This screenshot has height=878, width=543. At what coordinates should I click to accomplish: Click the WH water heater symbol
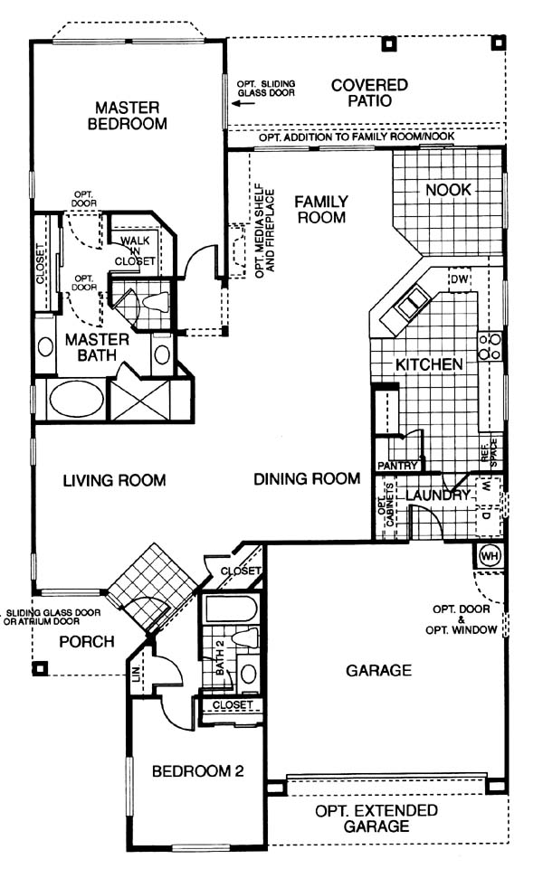[490, 556]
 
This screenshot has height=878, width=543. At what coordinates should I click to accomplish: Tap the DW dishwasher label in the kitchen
[459, 279]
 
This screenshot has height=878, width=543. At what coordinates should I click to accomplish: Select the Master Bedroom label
[128, 116]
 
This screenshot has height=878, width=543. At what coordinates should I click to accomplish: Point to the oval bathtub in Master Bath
[77, 400]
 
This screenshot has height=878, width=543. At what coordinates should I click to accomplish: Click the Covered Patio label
[369, 93]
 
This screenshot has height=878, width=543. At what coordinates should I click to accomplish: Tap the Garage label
[378, 670]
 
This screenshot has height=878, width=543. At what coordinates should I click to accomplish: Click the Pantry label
[397, 466]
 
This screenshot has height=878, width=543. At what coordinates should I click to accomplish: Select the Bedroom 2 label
[198, 771]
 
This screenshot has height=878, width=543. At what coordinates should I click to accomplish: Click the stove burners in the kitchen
[490, 346]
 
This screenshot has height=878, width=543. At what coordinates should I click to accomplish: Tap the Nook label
[448, 190]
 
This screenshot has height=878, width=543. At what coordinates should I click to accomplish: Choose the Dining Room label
[307, 478]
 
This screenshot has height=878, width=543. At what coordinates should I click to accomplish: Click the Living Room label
[114, 480]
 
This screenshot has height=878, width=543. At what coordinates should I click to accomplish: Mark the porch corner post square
[41, 667]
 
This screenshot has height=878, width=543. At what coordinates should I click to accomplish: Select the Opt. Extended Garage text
[376, 818]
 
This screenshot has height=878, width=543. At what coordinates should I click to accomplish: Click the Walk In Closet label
[135, 250]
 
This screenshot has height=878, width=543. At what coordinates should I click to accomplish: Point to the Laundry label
[438, 495]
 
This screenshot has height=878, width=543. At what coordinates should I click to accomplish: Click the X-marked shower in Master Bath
[140, 400]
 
